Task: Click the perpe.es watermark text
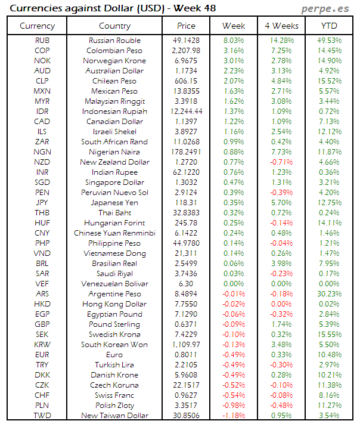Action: [x=326, y=8]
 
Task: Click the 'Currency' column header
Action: [x=37, y=26]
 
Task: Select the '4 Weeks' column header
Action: [x=281, y=26]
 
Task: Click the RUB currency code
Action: [x=42, y=41]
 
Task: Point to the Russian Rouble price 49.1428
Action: [x=186, y=41]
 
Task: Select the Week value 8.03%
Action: [x=234, y=41]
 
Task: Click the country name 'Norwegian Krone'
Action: [x=114, y=61]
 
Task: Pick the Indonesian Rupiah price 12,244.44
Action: [x=186, y=112]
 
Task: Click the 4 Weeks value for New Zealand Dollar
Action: [x=281, y=162]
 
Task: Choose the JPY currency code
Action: [x=42, y=203]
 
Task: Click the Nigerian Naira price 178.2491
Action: [x=186, y=152]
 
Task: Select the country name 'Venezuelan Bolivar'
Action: [x=114, y=284]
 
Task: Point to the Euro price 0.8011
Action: [x=186, y=355]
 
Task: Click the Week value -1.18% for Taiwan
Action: [x=234, y=416]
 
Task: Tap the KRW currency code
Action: [x=42, y=345]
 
